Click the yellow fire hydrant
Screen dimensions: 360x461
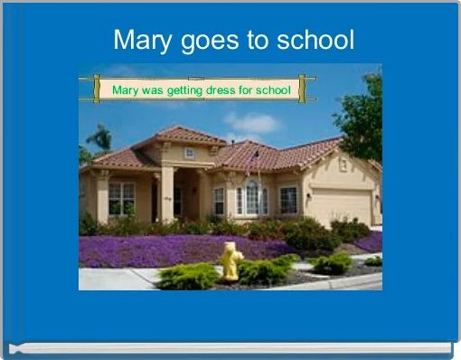point(231,261)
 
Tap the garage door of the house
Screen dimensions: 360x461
point(339,205)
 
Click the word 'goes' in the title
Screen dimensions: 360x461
point(209,41)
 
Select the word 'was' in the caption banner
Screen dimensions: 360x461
point(155,90)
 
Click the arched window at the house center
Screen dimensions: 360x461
point(251,196)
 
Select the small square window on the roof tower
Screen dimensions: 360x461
point(189,153)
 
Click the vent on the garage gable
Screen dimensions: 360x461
point(343,165)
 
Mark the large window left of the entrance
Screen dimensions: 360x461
point(121,198)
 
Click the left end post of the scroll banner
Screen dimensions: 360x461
point(96,89)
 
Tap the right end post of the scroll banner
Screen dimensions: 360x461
point(302,89)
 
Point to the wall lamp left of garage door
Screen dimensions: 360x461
point(308,196)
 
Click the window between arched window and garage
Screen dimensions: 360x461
point(288,200)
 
